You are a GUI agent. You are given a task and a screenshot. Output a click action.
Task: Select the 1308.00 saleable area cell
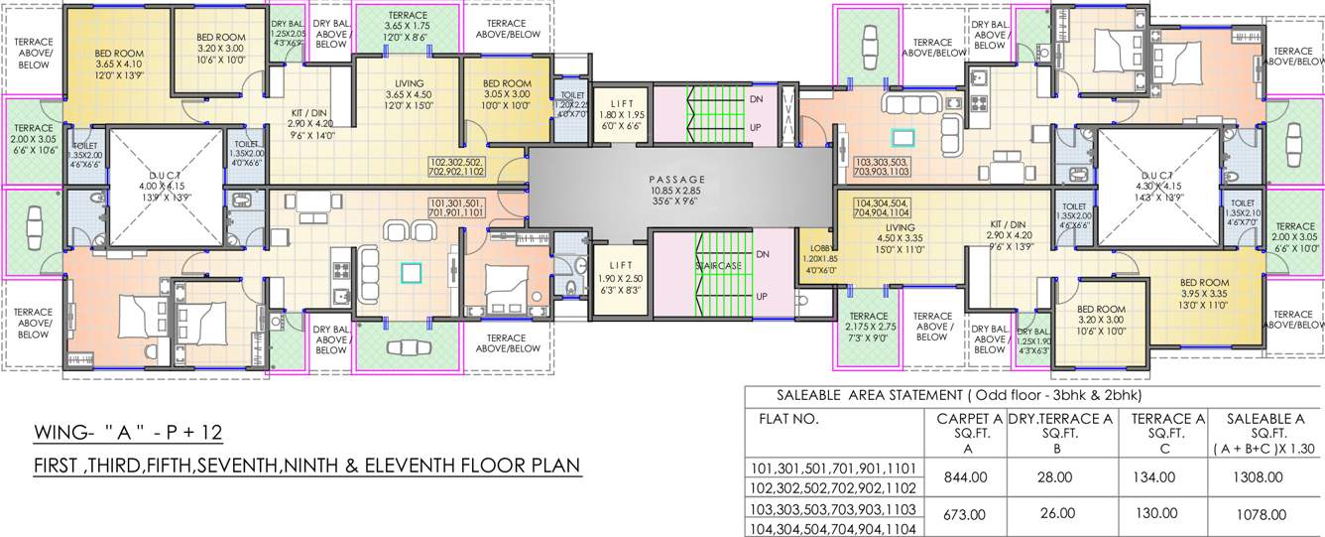point(1257,477)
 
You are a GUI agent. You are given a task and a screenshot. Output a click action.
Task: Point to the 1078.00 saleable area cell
point(1257,514)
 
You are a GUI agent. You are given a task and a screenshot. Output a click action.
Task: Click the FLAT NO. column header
point(789,420)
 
